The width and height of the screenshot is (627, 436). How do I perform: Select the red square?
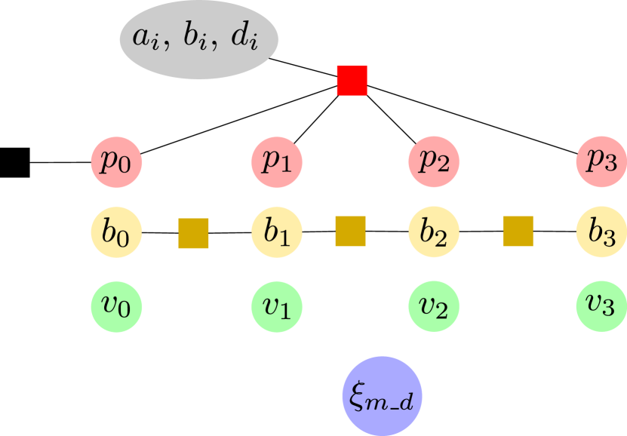[x=352, y=81]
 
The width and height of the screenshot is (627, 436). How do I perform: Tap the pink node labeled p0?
[x=117, y=162]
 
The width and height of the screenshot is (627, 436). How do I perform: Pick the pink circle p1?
[x=277, y=162]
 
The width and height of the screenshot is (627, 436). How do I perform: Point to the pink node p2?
[x=434, y=162]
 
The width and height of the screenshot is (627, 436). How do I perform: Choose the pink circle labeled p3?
[x=601, y=162]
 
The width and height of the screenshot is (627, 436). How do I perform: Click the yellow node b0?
[x=117, y=232]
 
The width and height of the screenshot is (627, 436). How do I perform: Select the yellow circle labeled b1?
[x=277, y=232]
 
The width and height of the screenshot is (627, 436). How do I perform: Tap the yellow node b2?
[x=434, y=232]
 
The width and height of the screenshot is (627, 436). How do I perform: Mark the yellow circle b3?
[x=601, y=232]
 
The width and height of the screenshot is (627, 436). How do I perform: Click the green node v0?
[x=117, y=306]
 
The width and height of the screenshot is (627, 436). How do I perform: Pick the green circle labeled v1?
[x=277, y=306]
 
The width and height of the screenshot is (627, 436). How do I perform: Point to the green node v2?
[x=434, y=306]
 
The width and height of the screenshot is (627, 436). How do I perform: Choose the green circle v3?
[x=601, y=306]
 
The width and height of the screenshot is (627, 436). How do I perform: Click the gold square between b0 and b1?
[x=193, y=233]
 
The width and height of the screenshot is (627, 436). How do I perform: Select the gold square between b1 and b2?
[x=350, y=231]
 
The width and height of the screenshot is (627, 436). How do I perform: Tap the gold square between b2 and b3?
[x=518, y=231]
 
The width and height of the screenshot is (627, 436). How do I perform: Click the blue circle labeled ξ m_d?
[x=382, y=395]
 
